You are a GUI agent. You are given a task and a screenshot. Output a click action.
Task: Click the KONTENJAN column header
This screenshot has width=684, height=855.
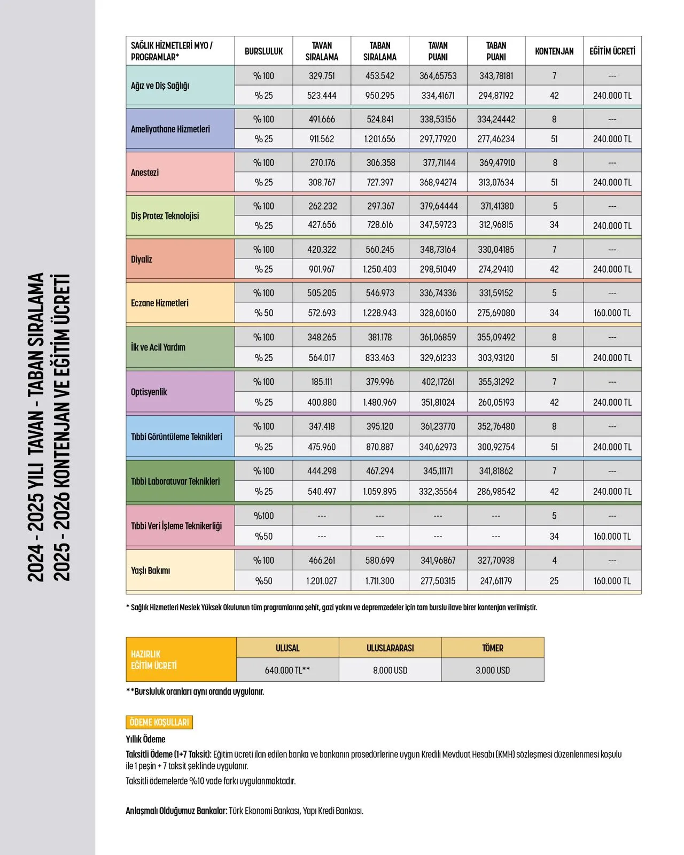[x=554, y=51]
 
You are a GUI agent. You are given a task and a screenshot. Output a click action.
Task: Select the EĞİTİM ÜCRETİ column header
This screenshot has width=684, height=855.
[x=612, y=51]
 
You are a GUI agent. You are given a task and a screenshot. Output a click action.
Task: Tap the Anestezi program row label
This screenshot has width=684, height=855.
[x=145, y=173]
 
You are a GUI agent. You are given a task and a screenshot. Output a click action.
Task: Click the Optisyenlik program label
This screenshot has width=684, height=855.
[x=149, y=392]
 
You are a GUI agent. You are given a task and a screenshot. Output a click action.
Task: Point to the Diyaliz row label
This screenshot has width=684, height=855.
[x=142, y=259]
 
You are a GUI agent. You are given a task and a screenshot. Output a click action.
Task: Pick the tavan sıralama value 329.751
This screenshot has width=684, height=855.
[x=322, y=76]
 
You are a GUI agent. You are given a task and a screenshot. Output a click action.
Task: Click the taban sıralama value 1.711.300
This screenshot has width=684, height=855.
[x=380, y=581]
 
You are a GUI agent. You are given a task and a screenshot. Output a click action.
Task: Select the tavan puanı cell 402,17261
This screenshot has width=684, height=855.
[x=438, y=382]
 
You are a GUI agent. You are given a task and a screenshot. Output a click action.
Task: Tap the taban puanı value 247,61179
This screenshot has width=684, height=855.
[x=496, y=581]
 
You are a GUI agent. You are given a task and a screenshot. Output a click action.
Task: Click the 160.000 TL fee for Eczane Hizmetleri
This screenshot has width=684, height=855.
[x=612, y=313]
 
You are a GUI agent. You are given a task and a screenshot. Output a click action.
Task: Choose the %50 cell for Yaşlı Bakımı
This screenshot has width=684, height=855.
[x=263, y=581]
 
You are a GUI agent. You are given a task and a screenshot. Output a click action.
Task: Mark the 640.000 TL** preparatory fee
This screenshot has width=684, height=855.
[x=287, y=670]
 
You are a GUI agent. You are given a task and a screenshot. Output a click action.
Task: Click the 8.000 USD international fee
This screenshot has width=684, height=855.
[x=390, y=670]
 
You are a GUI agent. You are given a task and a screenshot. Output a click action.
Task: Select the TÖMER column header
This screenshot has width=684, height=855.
[x=493, y=648]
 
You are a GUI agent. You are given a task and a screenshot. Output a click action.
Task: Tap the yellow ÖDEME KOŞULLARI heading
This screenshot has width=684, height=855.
[x=159, y=722]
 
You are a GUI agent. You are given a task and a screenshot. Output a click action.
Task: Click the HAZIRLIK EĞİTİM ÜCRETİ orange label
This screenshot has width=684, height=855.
[x=154, y=660]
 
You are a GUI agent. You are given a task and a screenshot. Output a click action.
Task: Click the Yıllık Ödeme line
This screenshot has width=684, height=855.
[x=146, y=740]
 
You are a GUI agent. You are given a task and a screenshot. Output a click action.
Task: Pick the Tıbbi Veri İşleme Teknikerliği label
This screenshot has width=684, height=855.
[x=176, y=526]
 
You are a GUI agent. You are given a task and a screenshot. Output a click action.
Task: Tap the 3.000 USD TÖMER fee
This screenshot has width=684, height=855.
[x=493, y=670]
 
